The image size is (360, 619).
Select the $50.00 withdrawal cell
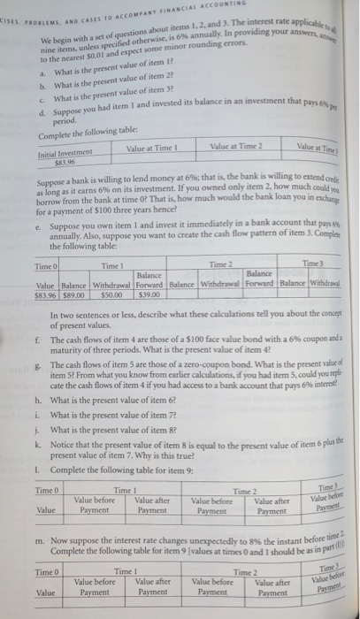coord(107,270)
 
